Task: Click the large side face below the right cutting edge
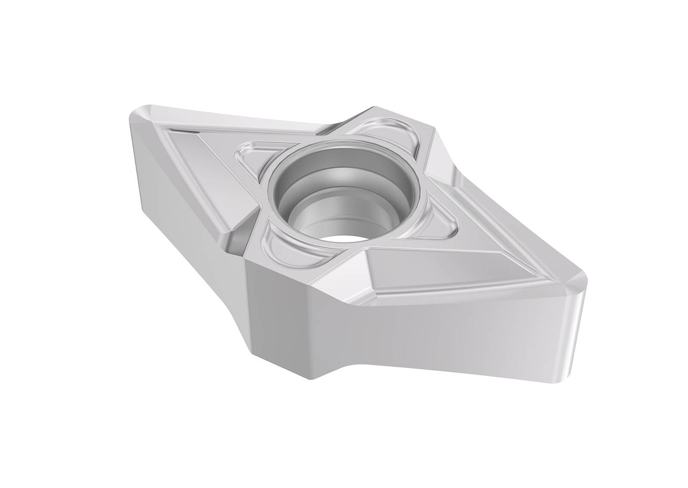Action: (429, 333)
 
